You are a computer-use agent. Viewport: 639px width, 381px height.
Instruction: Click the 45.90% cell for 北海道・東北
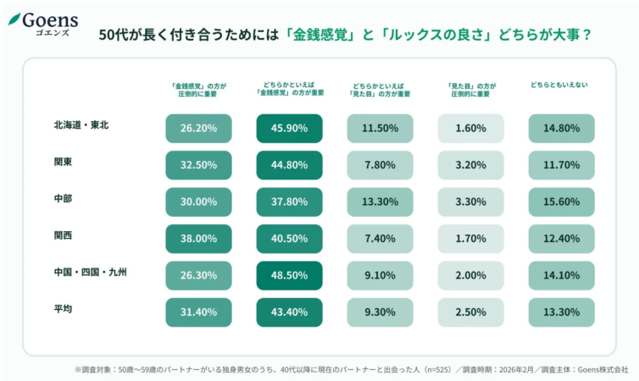[289, 129]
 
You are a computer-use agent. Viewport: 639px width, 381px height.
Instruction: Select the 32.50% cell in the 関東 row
[198, 165]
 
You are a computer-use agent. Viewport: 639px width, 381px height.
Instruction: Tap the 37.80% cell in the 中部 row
[289, 202]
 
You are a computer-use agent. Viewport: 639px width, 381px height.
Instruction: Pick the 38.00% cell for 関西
[198, 239]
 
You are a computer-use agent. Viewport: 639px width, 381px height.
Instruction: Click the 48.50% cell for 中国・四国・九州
[289, 276]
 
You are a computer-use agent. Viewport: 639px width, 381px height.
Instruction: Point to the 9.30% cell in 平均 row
[380, 312]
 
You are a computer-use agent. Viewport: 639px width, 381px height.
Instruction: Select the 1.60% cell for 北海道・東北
[470, 129]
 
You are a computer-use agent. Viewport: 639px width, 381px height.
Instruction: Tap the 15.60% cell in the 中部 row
[561, 202]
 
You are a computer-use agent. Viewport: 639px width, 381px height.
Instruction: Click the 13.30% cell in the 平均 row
[561, 312]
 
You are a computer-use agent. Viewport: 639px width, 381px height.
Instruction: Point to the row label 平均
[63, 309]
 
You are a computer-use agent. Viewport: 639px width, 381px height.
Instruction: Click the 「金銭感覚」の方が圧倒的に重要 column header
[198, 89]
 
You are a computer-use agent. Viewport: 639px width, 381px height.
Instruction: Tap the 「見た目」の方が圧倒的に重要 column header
[470, 89]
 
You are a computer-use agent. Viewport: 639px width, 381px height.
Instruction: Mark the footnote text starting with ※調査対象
[351, 369]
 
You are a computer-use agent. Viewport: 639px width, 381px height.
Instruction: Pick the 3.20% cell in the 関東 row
[470, 165]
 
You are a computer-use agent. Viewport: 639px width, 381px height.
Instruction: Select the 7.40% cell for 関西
[380, 239]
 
